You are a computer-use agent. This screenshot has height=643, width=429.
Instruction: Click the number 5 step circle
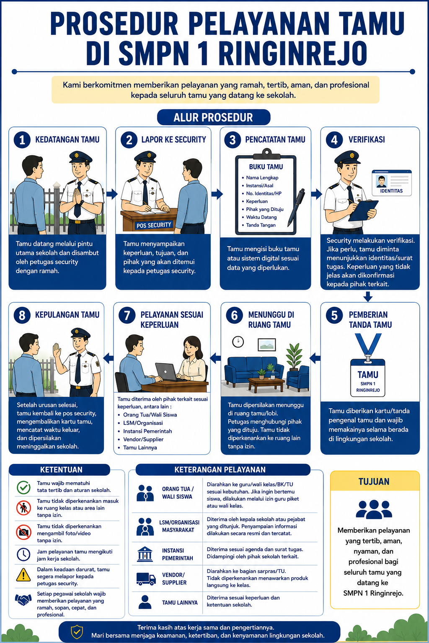334,315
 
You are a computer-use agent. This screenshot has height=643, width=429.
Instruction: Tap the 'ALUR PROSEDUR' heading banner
214,117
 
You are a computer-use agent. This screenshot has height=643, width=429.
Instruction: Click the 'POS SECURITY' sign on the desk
154,225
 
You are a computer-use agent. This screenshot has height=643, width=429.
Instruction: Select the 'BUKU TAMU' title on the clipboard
266,167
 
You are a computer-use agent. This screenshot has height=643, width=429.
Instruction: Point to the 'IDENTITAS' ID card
391,183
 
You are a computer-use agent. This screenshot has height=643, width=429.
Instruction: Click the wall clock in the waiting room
238,342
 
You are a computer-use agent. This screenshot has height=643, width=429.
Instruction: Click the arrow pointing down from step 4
368,296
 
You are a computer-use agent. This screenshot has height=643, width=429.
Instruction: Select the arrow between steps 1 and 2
112,194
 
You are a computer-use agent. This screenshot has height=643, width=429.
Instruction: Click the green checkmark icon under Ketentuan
23,488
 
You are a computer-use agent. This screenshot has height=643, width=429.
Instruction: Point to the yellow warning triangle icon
23,575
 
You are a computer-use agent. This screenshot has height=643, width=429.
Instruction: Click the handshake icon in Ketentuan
23,599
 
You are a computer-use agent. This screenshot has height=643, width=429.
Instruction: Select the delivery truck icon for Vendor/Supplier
146,579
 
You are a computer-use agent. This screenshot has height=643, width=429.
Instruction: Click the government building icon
145,554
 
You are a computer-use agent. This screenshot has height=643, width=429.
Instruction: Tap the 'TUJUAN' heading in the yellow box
374,481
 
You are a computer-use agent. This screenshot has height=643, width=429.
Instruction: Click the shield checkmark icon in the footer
77,632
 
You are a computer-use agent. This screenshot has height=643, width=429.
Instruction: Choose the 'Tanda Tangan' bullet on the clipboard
261,225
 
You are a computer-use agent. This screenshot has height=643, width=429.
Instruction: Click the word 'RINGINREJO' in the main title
293,53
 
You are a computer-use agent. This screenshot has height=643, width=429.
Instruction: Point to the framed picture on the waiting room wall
266,345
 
